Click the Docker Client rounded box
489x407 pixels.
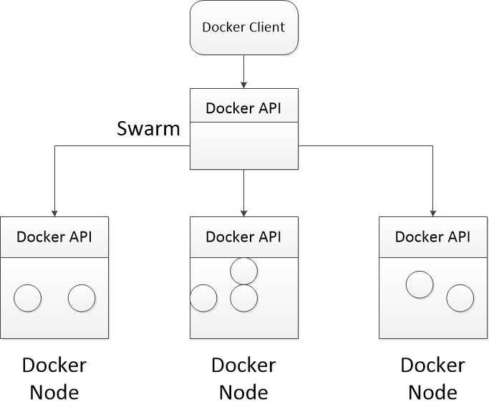pyautogui.click(x=244, y=27)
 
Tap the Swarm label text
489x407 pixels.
pyautogui.click(x=148, y=128)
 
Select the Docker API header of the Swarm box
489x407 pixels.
pyautogui.click(x=244, y=105)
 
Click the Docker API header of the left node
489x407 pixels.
pyautogui.click(x=54, y=237)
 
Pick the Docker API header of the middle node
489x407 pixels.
pyautogui.click(x=244, y=237)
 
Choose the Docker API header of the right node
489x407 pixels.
pyautogui.click(x=433, y=237)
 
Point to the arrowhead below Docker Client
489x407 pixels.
pyautogui.click(x=244, y=85)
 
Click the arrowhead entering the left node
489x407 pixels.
pyautogui.click(x=54, y=214)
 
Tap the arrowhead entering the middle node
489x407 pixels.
pyautogui.click(x=244, y=214)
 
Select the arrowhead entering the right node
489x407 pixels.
pyautogui.click(x=433, y=214)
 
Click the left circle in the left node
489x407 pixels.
pyautogui.click(x=27, y=298)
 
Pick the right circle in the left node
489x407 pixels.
pyautogui.click(x=82, y=298)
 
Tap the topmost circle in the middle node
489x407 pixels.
pyautogui.click(x=244, y=272)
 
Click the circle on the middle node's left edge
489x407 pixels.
pyautogui.click(x=203, y=298)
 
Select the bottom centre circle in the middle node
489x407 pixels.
pyautogui.click(x=244, y=298)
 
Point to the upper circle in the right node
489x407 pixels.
pyautogui.click(x=420, y=284)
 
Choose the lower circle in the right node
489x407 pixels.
pyautogui.click(x=460, y=298)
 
